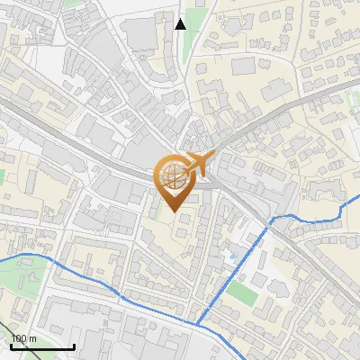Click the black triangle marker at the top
tap(181, 23)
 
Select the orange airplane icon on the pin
tap(198, 165)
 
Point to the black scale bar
tap(42, 346)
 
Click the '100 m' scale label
tap(23, 338)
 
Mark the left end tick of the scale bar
tap(11, 346)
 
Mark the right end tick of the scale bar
tap(74, 346)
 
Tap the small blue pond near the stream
tap(235, 258)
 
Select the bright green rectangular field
tap(240, 293)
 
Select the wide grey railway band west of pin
tap(72, 144)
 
